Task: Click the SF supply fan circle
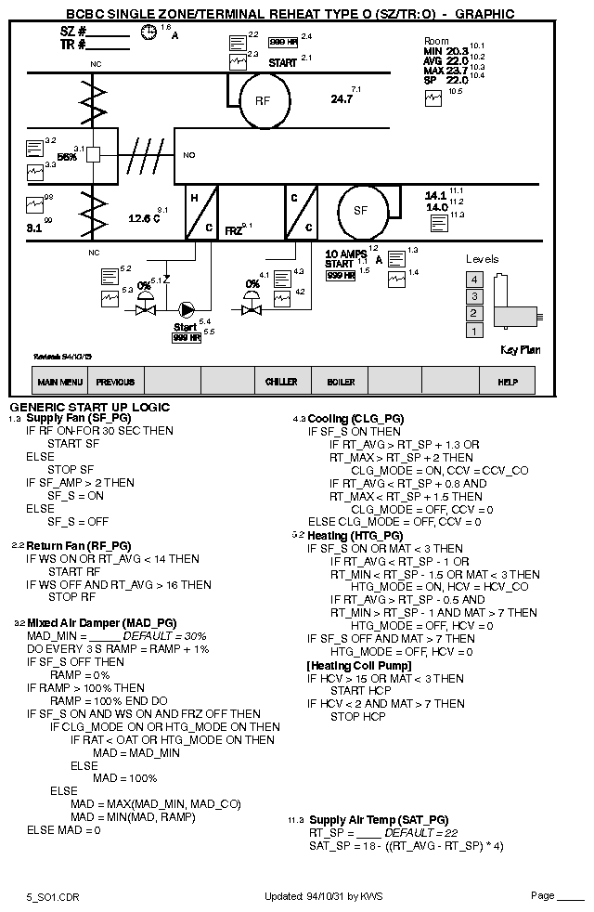pos(361,211)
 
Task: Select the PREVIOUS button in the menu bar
pos(115,382)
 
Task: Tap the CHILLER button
pos(281,382)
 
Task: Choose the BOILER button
pos(340,382)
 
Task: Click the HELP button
pos(508,382)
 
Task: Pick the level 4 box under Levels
pos(474,280)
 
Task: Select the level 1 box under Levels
pos(474,331)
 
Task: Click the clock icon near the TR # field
pos(148,33)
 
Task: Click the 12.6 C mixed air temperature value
pos(143,218)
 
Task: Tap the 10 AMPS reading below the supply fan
pos(345,254)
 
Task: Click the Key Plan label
pos(520,350)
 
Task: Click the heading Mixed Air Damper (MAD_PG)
pos(101,622)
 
